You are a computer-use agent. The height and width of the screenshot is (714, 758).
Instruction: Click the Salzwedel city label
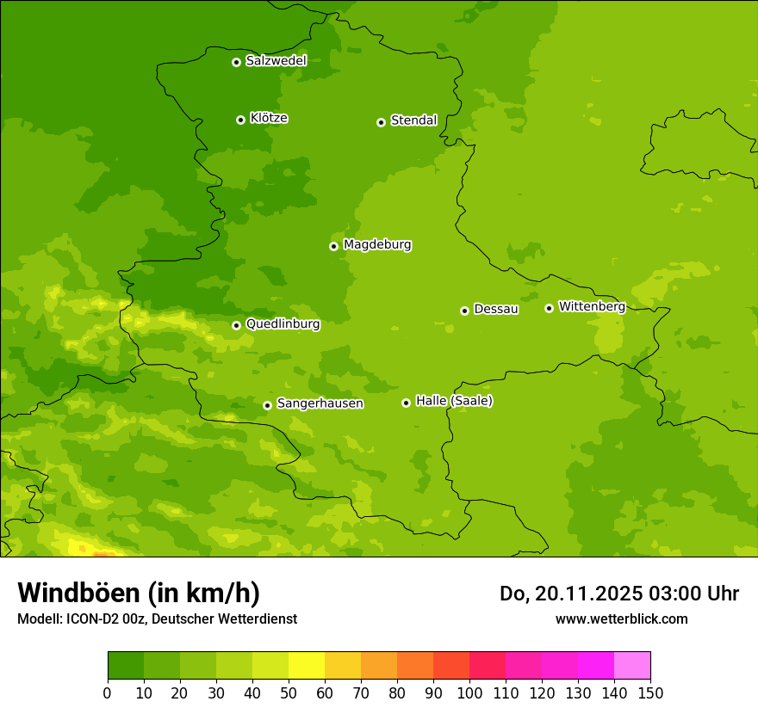pyautogui.click(x=276, y=61)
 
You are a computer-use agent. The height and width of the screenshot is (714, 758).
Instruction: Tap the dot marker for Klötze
pyautogui.click(x=240, y=120)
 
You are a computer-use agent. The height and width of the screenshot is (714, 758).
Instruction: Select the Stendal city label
pyautogui.click(x=413, y=120)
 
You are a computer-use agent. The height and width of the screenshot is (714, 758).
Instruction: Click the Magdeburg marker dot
pyautogui.click(x=333, y=246)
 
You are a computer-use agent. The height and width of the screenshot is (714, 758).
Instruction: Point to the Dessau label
pyautogui.click(x=496, y=309)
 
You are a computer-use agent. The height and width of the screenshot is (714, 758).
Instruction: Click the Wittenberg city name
pyautogui.click(x=592, y=306)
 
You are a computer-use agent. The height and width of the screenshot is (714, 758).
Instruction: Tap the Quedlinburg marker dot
pyautogui.click(x=236, y=325)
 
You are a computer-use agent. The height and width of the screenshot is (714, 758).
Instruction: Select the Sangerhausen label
pyautogui.click(x=320, y=403)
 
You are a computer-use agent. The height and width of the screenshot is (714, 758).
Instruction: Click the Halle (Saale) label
pyautogui.click(x=454, y=401)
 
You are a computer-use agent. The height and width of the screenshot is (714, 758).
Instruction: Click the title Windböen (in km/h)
pyautogui.click(x=139, y=593)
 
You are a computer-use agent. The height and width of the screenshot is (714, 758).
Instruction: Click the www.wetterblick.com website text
pyautogui.click(x=621, y=619)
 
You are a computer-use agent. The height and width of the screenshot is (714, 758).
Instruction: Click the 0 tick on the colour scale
pyautogui.click(x=108, y=693)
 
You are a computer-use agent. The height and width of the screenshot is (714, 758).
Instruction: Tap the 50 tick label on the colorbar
pyautogui.click(x=289, y=693)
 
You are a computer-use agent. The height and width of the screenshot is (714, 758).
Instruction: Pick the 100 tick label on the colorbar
pyautogui.click(x=469, y=693)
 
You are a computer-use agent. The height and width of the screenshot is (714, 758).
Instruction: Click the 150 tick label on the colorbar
pyautogui.click(x=650, y=693)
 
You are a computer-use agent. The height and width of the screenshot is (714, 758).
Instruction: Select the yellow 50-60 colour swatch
pyautogui.click(x=307, y=666)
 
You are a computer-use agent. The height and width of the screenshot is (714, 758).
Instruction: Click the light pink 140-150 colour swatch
pyautogui.click(x=632, y=666)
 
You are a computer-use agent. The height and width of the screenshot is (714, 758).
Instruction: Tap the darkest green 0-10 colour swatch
pyautogui.click(x=126, y=666)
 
